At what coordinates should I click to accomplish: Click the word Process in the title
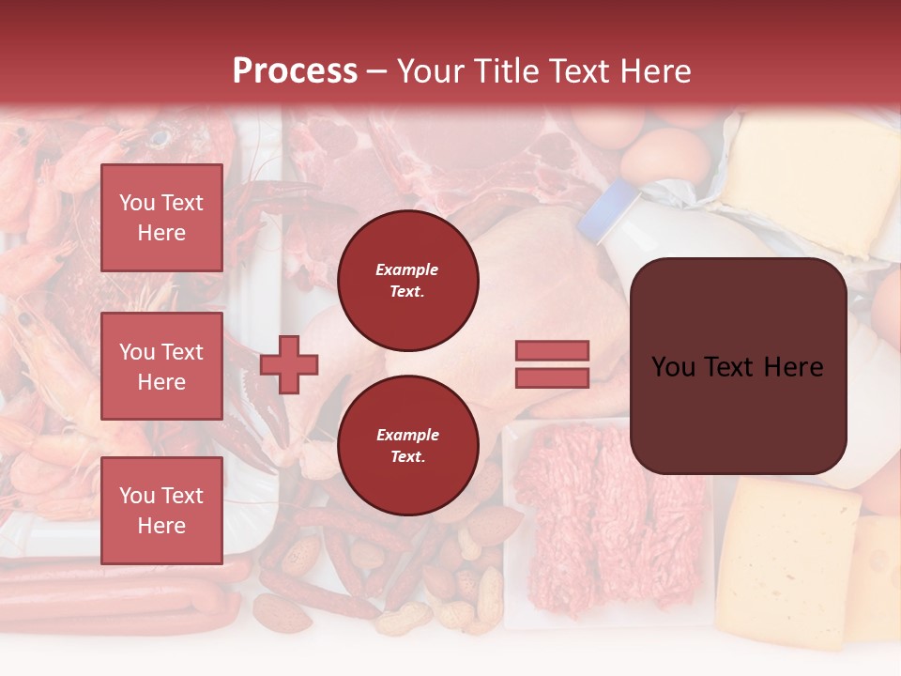(295, 70)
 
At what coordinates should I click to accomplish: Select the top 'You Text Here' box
(161, 218)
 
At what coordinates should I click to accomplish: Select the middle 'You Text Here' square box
(161, 366)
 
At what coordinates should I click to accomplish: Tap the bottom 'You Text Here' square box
(161, 510)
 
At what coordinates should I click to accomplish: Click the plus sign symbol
(289, 365)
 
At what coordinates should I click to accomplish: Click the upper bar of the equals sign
(553, 350)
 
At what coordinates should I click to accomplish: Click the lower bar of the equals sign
(553, 378)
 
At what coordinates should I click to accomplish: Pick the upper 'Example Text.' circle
(408, 280)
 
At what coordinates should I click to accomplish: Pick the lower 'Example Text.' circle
(408, 445)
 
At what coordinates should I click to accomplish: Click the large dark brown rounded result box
(738, 366)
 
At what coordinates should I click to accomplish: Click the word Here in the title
(658, 70)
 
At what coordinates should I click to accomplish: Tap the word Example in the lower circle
(407, 435)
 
